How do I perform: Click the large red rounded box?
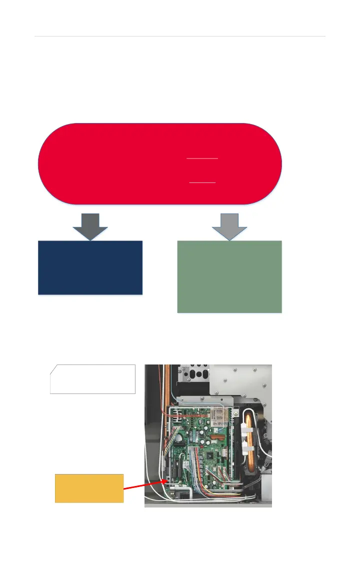coord(160,163)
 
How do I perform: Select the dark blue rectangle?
coord(90,267)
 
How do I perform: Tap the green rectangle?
coord(229,276)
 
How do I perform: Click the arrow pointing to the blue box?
coord(90,226)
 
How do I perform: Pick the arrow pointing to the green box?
coord(229,226)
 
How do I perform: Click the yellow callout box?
coord(89,488)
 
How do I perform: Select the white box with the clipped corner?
coord(93,379)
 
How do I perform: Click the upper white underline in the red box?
coord(202,158)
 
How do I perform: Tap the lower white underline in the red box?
coord(202,182)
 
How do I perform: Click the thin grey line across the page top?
coord(180,36)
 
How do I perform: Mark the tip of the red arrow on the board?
coord(167,481)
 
